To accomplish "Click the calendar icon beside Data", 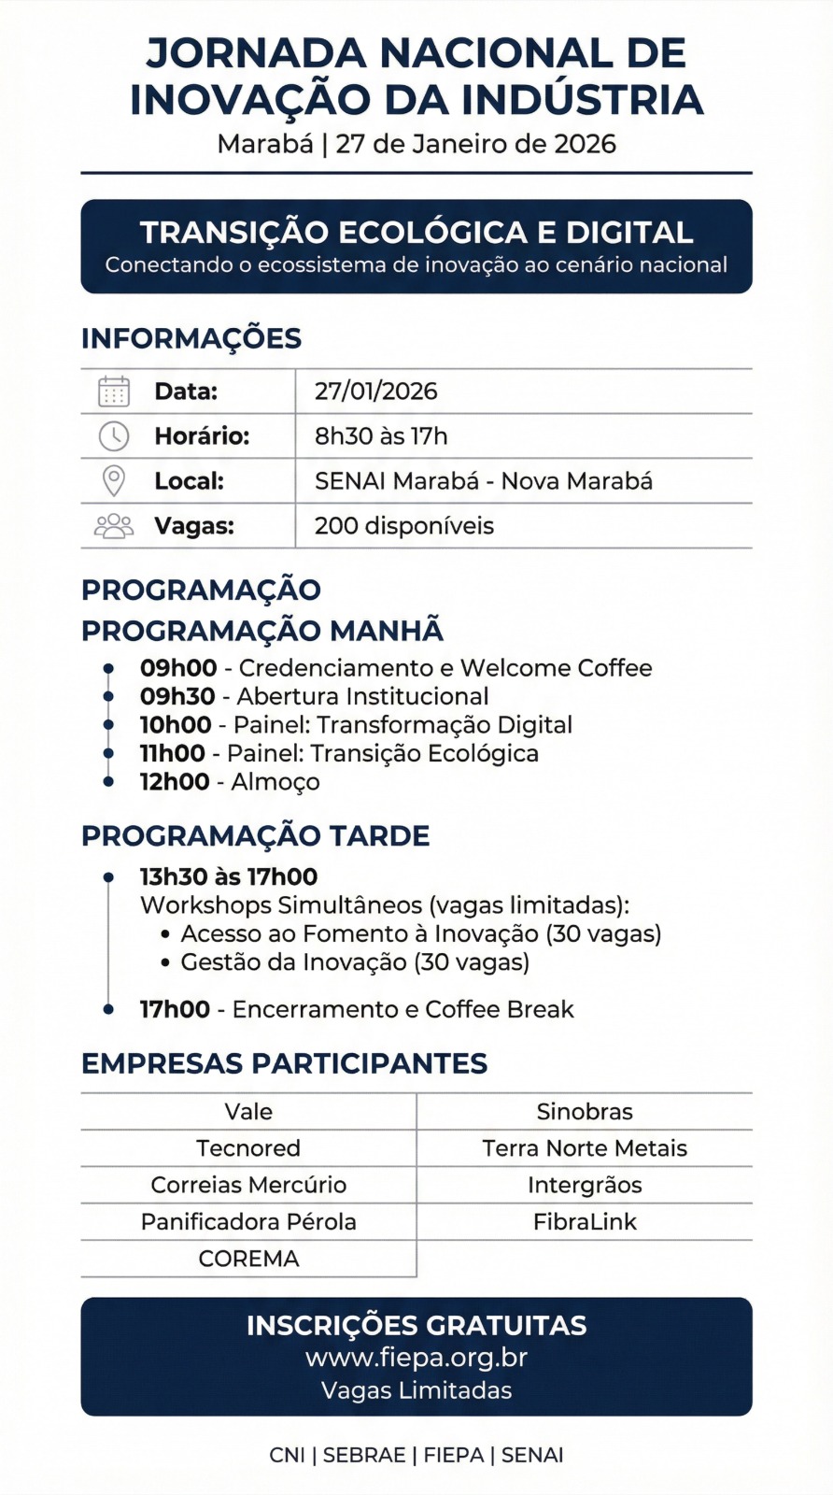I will [x=114, y=392].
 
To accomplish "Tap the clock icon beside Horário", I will [x=114, y=436].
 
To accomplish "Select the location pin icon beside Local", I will [x=114, y=480].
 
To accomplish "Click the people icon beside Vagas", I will [x=114, y=526].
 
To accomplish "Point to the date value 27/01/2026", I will [x=375, y=392].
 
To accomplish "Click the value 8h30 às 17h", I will [x=381, y=436].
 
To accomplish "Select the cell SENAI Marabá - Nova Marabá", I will [x=483, y=481].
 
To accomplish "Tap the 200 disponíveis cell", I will [x=403, y=526].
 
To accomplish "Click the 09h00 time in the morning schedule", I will [x=178, y=668].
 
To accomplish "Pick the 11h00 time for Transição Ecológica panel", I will [x=173, y=753].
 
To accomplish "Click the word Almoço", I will [x=275, y=782].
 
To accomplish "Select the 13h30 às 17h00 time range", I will [x=229, y=876].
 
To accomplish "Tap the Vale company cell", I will [x=248, y=1112].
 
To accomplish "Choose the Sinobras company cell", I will [x=585, y=1112].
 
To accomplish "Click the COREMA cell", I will [x=248, y=1259].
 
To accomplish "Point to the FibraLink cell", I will [x=585, y=1222].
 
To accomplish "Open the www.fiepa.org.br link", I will [x=416, y=1358].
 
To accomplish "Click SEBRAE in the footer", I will [x=364, y=1455].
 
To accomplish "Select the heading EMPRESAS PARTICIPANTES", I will [x=284, y=1063].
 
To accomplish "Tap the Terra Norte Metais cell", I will [x=585, y=1148].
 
